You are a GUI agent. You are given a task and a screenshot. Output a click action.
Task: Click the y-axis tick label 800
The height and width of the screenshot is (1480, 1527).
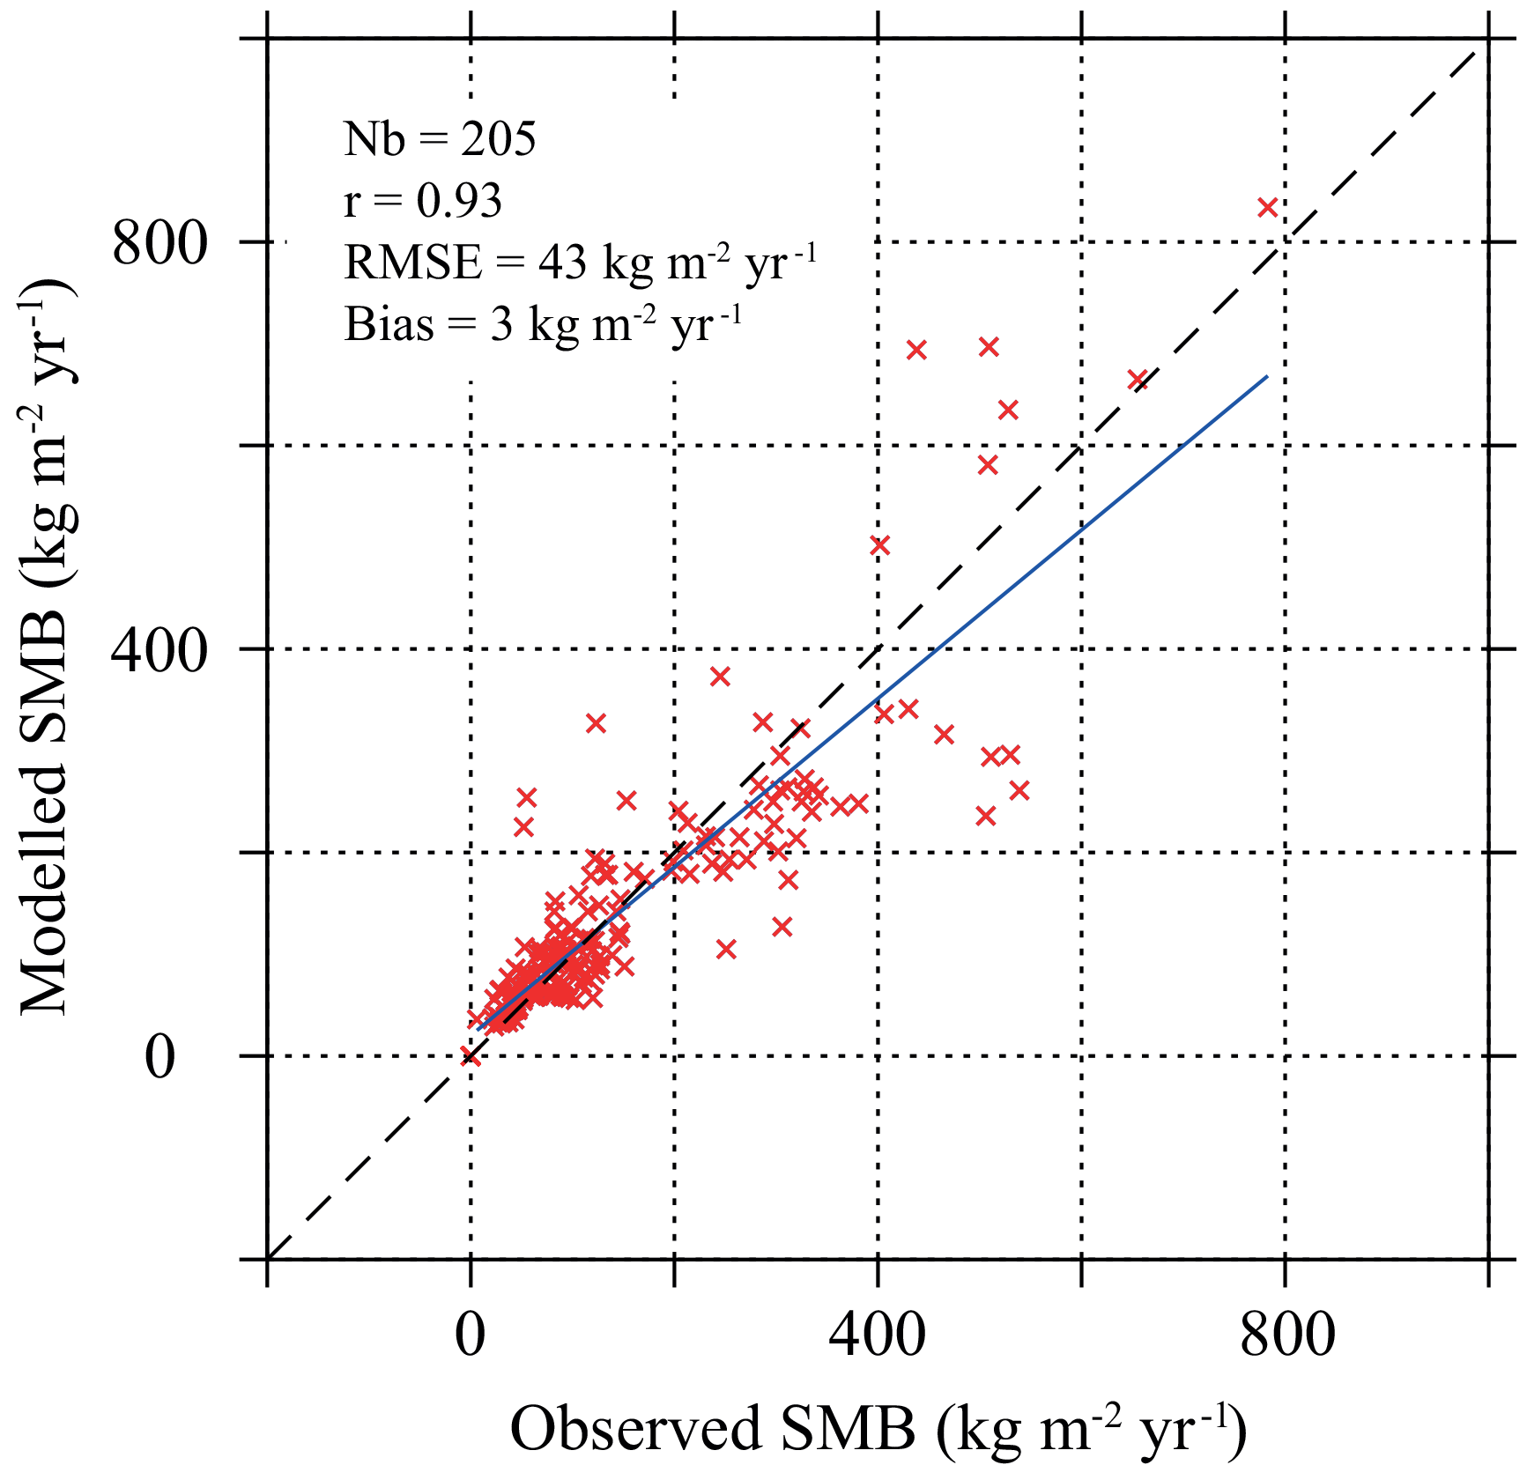coord(159,243)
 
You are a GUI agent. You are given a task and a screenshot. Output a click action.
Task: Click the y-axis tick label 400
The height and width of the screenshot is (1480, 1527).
coord(159,650)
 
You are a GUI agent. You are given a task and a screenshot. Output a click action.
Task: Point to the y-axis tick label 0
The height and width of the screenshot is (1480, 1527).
coord(160,1057)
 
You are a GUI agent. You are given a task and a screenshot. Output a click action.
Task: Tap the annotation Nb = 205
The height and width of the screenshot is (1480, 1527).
coord(440,139)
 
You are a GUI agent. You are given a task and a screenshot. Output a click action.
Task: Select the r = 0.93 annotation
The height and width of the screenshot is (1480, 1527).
coord(423,201)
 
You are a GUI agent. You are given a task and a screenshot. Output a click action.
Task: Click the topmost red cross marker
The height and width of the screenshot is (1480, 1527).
coord(1267,208)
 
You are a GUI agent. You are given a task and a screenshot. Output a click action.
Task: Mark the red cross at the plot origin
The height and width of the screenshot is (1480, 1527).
coord(471,1055)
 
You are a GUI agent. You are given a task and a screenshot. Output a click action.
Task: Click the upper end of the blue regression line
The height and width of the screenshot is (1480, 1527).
coord(1266,377)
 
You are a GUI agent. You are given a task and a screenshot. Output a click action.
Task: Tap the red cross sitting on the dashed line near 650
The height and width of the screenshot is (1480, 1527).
coord(1137,380)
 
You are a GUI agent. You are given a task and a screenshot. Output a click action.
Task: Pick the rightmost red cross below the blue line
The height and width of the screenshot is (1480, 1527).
coord(1019,790)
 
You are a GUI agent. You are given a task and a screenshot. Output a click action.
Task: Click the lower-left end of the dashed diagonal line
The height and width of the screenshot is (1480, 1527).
coord(269,1258)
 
